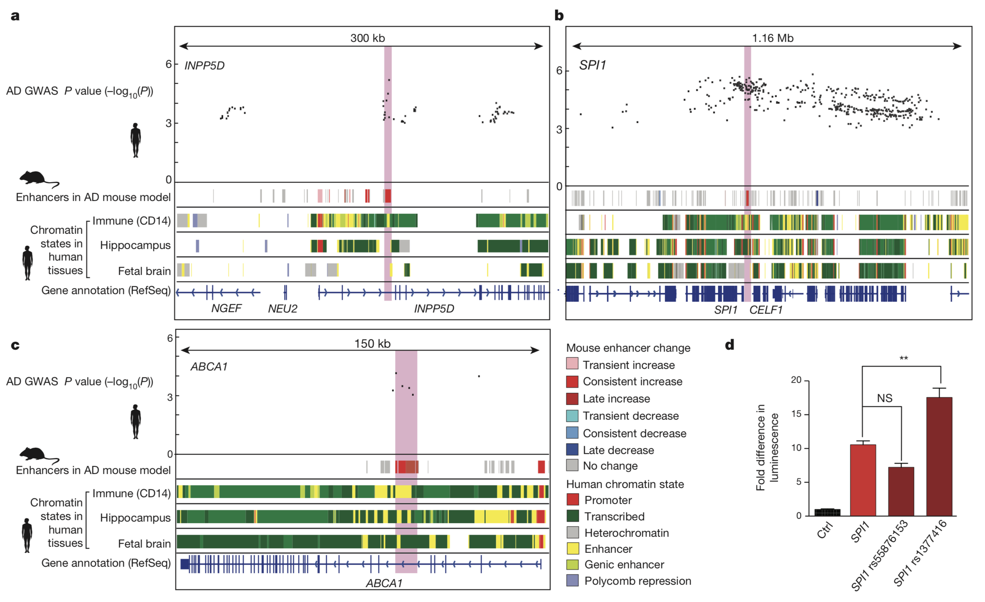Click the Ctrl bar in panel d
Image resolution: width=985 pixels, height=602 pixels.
(x=827, y=512)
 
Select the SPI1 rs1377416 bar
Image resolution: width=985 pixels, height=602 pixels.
(x=939, y=456)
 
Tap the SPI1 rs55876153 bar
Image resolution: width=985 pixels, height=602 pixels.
(x=901, y=491)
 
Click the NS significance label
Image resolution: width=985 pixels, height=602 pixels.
(x=885, y=398)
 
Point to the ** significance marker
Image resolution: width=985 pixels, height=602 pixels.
(x=904, y=358)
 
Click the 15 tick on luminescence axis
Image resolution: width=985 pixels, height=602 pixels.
(x=796, y=414)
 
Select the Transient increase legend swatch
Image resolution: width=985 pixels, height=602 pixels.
(x=572, y=364)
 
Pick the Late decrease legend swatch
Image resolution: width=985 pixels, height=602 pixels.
(x=572, y=449)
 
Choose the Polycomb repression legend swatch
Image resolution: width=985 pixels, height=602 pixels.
(x=572, y=580)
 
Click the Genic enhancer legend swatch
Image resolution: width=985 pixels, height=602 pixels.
(x=572, y=564)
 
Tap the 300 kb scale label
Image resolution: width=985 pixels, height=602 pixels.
(x=367, y=38)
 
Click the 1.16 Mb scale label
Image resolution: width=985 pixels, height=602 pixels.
(x=773, y=38)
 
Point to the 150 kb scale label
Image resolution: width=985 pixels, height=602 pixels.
(x=372, y=344)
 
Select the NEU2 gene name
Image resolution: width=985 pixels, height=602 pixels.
(x=282, y=309)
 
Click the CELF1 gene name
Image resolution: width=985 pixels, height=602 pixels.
(x=766, y=310)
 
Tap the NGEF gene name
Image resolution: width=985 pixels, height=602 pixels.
(x=226, y=309)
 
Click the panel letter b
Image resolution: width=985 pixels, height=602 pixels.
(x=559, y=16)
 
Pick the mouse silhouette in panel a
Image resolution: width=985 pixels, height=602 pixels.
(x=39, y=178)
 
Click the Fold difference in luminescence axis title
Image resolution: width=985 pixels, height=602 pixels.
(x=767, y=447)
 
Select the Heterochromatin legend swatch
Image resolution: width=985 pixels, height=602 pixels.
(x=572, y=532)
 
